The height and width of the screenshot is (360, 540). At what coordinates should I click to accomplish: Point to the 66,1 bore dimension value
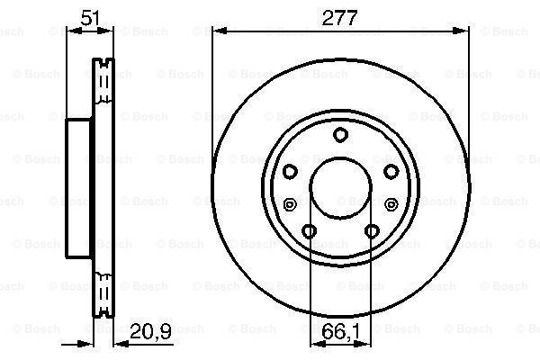(340, 335)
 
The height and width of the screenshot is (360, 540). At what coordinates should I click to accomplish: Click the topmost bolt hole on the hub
(340, 135)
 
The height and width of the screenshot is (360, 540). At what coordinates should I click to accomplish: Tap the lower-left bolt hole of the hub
(309, 232)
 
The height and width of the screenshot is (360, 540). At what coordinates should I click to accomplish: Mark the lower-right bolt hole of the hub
(372, 232)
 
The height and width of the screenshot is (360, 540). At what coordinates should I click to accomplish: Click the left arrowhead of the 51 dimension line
(72, 31)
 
